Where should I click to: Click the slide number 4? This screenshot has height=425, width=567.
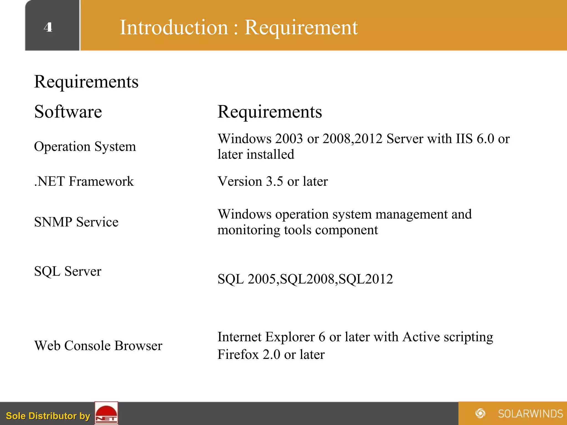click(x=48, y=27)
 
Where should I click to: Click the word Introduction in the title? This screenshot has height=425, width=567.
click(x=174, y=27)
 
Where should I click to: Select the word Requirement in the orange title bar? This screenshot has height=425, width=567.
click(x=301, y=27)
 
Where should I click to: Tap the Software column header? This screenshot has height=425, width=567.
click(x=68, y=112)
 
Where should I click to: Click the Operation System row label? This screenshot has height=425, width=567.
click(x=85, y=146)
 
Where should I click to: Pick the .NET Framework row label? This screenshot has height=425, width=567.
click(x=84, y=182)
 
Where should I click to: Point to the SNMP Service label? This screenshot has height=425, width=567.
click(x=76, y=222)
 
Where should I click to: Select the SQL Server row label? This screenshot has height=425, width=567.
click(x=68, y=271)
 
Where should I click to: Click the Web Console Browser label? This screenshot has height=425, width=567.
click(x=98, y=346)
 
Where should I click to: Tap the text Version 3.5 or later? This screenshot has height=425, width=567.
click(x=273, y=182)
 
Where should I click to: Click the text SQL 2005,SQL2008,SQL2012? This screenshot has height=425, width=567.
click(x=305, y=279)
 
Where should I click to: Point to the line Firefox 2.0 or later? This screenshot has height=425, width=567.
click(x=271, y=354)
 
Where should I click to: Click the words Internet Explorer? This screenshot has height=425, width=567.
click(x=266, y=337)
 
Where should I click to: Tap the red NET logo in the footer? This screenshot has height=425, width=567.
click(x=106, y=413)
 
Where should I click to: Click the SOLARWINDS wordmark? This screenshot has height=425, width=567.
click(x=530, y=414)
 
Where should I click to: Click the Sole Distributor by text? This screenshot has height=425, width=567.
click(x=48, y=416)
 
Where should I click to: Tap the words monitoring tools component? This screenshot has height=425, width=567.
click(x=298, y=230)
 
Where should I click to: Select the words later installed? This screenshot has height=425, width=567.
click(x=256, y=154)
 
